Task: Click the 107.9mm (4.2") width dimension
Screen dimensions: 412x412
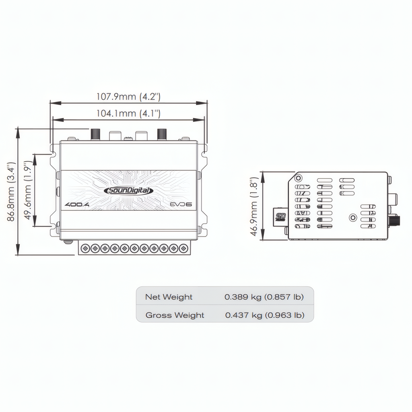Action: [128, 97]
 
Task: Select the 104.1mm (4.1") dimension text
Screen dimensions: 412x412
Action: [128, 113]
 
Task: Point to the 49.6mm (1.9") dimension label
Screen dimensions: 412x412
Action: [28, 190]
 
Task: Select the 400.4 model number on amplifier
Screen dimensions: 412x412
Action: [77, 204]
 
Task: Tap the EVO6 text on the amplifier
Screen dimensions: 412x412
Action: [181, 204]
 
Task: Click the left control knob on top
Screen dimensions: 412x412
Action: [95, 134]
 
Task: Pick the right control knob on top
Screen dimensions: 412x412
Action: [162, 134]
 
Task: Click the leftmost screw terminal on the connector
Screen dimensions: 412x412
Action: [85, 248]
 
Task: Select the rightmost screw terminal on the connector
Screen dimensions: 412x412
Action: [183, 248]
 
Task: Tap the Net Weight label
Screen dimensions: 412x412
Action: [169, 297]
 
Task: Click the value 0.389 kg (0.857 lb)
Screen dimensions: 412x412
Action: [264, 297]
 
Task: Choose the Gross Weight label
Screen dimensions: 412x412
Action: [175, 315]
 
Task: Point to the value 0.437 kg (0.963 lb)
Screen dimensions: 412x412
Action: [264, 315]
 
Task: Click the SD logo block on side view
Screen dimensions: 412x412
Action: [280, 216]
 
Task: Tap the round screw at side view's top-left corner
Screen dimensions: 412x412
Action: [298, 178]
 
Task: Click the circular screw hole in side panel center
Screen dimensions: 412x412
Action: [353, 218]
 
